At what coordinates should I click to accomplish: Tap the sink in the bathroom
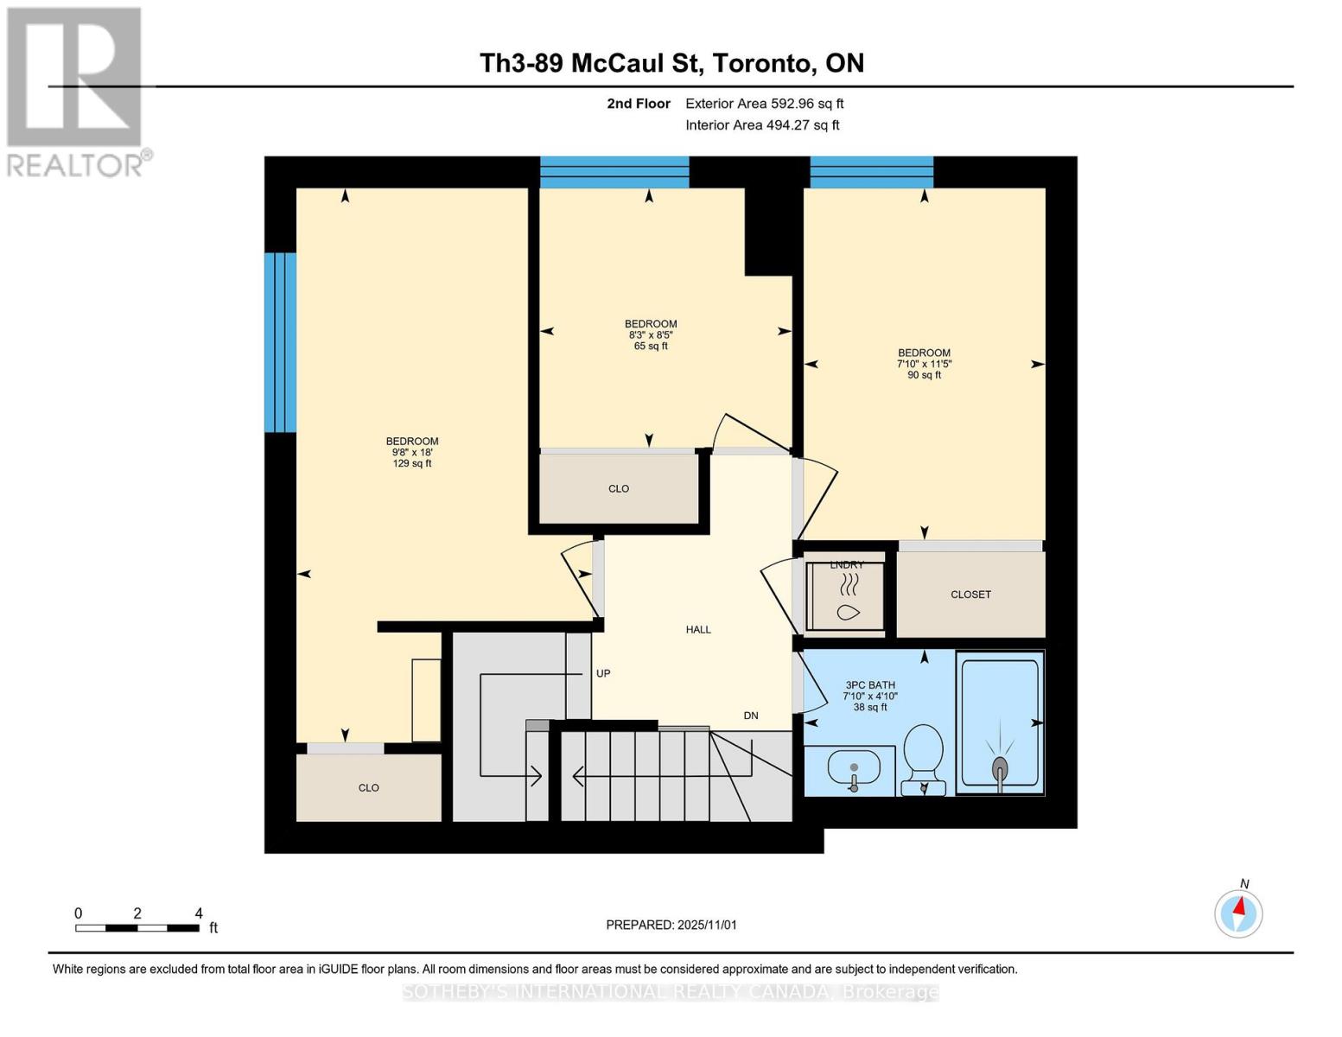click(x=854, y=767)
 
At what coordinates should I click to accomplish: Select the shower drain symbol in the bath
click(x=1000, y=767)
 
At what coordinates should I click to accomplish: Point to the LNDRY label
click(x=847, y=564)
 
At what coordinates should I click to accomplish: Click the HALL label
click(x=698, y=630)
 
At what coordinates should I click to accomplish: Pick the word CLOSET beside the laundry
click(x=970, y=595)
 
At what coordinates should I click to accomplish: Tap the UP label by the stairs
click(x=603, y=673)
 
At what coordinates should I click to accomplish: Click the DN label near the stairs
click(x=751, y=716)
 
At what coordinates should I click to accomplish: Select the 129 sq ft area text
click(x=412, y=464)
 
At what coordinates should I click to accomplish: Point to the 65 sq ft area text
click(x=651, y=347)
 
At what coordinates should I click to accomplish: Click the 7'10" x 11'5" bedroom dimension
click(x=924, y=364)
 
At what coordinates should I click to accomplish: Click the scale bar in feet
click(x=137, y=928)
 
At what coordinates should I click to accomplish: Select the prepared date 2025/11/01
click(x=671, y=925)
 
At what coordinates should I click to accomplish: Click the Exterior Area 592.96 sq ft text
click(x=764, y=104)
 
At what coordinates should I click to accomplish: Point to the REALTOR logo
click(x=75, y=91)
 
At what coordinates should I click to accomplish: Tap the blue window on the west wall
click(x=281, y=342)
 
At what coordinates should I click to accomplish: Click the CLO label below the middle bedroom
click(x=619, y=489)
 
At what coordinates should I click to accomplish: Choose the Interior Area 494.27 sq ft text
click(x=762, y=125)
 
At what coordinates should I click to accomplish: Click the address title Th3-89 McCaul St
click(x=671, y=63)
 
